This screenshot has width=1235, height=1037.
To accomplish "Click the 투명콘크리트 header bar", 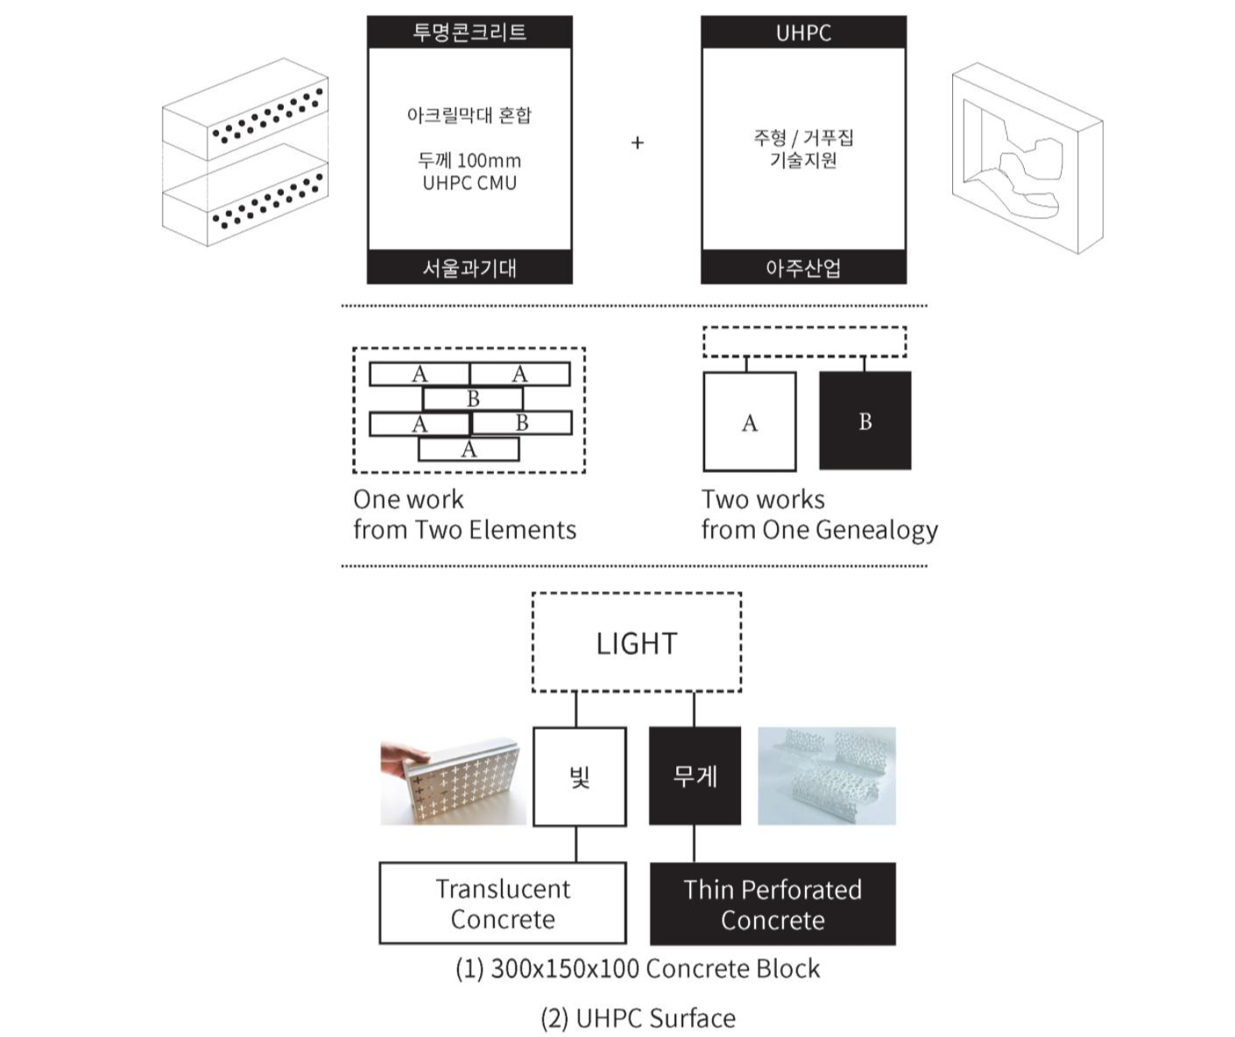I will click(x=469, y=32).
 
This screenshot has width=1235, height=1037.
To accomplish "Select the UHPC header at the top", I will click(x=803, y=32).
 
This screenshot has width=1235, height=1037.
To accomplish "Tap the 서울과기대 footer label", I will click(x=469, y=268).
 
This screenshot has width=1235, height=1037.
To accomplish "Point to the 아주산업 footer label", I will click(x=803, y=268).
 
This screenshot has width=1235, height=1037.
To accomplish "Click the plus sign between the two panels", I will click(x=638, y=142).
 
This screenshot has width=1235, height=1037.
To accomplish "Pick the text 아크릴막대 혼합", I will click(x=469, y=116).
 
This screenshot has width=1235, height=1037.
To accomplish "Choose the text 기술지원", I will click(x=803, y=160).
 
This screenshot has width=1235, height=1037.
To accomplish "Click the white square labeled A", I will click(x=750, y=422).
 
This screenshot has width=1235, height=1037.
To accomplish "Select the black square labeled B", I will click(x=865, y=421).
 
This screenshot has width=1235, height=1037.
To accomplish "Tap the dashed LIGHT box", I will click(x=637, y=643).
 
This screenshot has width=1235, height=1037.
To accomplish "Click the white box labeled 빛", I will click(x=579, y=777).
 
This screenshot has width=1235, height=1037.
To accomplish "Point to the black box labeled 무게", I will click(x=695, y=776).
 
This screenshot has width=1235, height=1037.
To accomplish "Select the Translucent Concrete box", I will click(x=503, y=903).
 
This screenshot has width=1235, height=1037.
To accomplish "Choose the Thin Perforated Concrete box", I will click(x=773, y=904).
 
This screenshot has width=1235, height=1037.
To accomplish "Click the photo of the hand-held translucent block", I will click(x=453, y=780).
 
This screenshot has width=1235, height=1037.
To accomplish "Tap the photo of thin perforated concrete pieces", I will click(x=826, y=776).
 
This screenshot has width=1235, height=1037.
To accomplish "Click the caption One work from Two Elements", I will click(x=464, y=514).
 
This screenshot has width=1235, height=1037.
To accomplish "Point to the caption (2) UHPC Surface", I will click(x=638, y=1018).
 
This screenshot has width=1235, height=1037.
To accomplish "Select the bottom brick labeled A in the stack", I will click(x=469, y=449).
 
